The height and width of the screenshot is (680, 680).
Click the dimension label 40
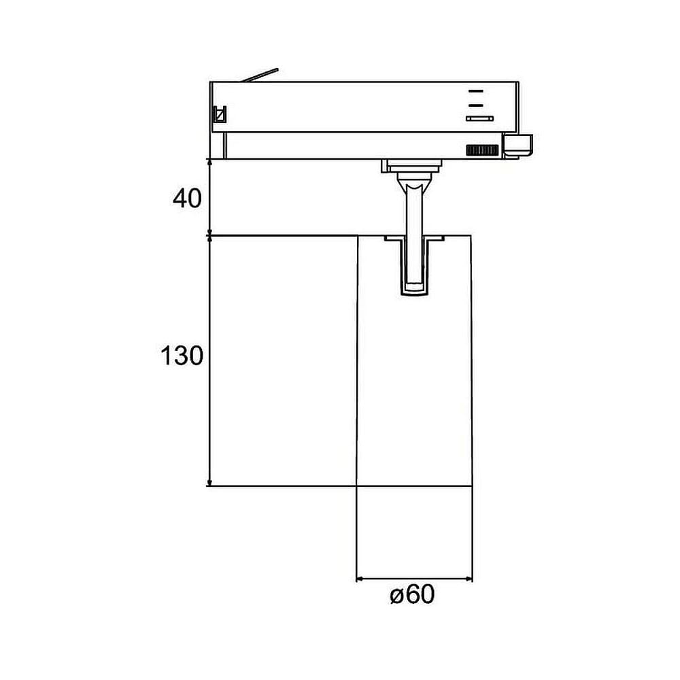(188, 199)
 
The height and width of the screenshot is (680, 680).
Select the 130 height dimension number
(182, 356)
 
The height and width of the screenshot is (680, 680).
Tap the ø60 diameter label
(412, 594)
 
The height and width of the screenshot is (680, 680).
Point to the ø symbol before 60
(397, 596)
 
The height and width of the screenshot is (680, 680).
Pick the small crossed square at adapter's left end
(220, 114)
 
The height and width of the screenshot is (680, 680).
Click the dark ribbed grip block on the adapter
(482, 150)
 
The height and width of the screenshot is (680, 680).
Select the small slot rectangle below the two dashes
(479, 118)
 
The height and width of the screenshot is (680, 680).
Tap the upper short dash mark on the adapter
(476, 91)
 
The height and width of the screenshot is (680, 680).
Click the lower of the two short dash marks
(476, 105)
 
